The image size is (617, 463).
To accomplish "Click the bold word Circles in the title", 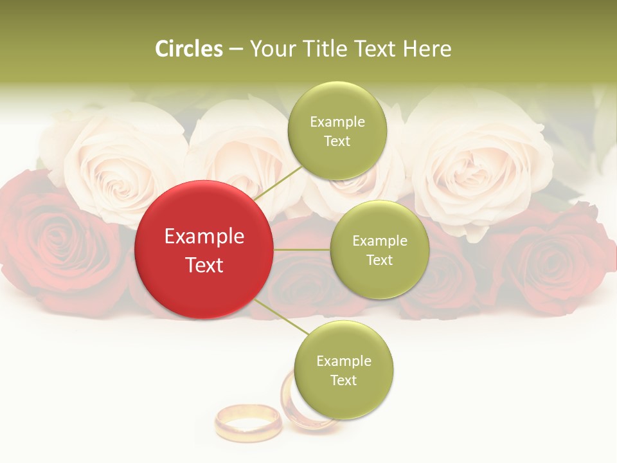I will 188,49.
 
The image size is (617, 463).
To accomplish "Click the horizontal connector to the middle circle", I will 302,250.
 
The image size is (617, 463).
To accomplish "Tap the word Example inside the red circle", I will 204,237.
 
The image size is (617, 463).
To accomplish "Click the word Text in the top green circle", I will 337,141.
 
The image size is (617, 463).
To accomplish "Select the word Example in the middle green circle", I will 380,241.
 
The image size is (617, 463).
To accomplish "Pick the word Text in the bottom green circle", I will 344,380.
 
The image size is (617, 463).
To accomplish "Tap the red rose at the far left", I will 45,244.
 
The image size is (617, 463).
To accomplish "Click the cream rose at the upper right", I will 476,161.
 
